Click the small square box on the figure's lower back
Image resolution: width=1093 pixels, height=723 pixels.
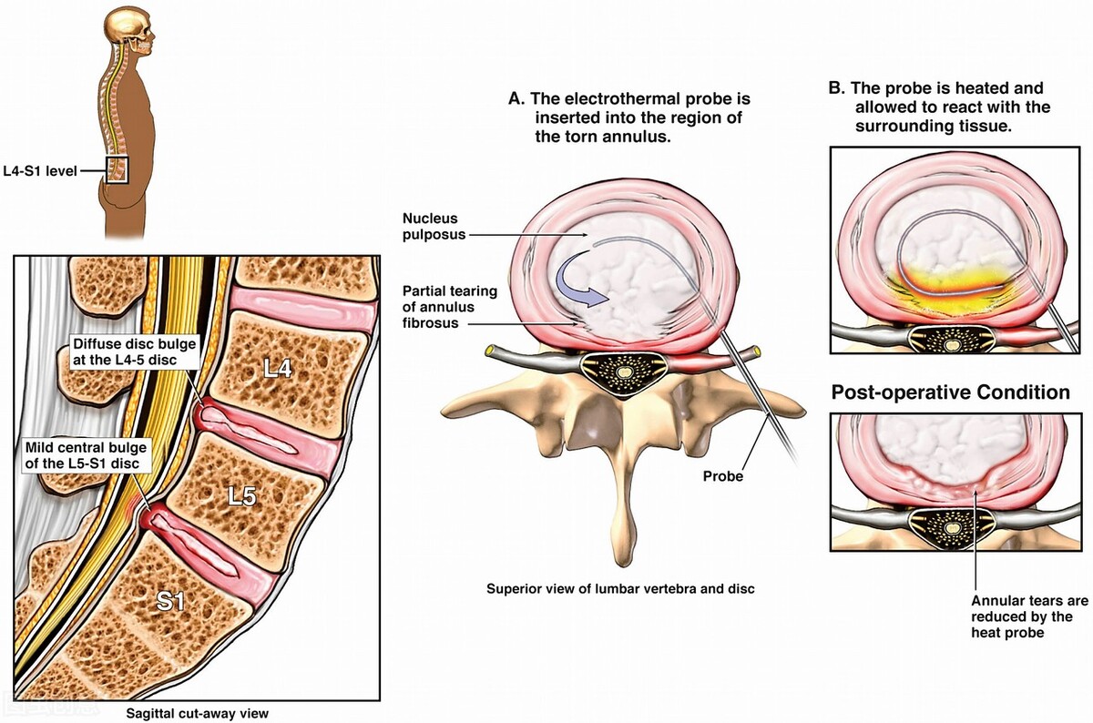tap(117, 169)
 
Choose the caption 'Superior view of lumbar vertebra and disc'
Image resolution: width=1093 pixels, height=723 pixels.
tap(619, 589)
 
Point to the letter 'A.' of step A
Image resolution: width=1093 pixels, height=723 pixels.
tap(516, 97)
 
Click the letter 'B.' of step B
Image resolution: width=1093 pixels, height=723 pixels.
tap(836, 88)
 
